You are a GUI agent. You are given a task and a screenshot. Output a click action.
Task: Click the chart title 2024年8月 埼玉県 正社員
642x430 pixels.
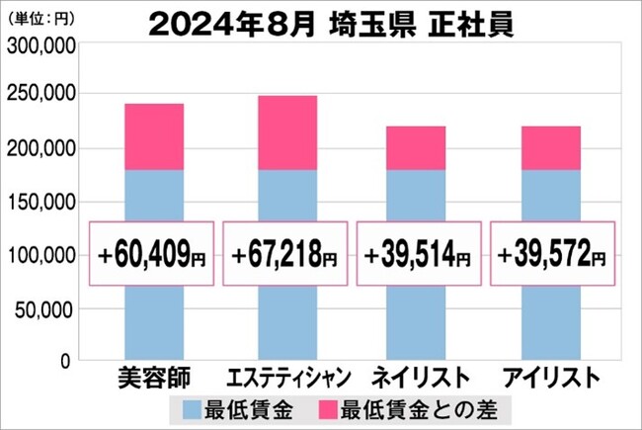(330, 20)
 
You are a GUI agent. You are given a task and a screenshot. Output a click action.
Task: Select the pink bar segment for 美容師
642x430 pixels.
(154, 136)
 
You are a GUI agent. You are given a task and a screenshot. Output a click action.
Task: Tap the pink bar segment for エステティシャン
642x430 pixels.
(287, 132)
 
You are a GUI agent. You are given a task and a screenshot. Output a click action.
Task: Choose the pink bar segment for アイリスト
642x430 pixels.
(551, 147)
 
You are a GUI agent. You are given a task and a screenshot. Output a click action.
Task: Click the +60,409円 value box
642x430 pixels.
(154, 255)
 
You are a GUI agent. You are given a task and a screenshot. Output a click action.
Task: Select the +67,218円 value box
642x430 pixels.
(286, 255)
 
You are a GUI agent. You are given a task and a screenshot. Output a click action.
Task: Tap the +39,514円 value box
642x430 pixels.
(419, 255)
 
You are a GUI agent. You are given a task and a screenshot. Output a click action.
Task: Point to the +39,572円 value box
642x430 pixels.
(551, 255)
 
